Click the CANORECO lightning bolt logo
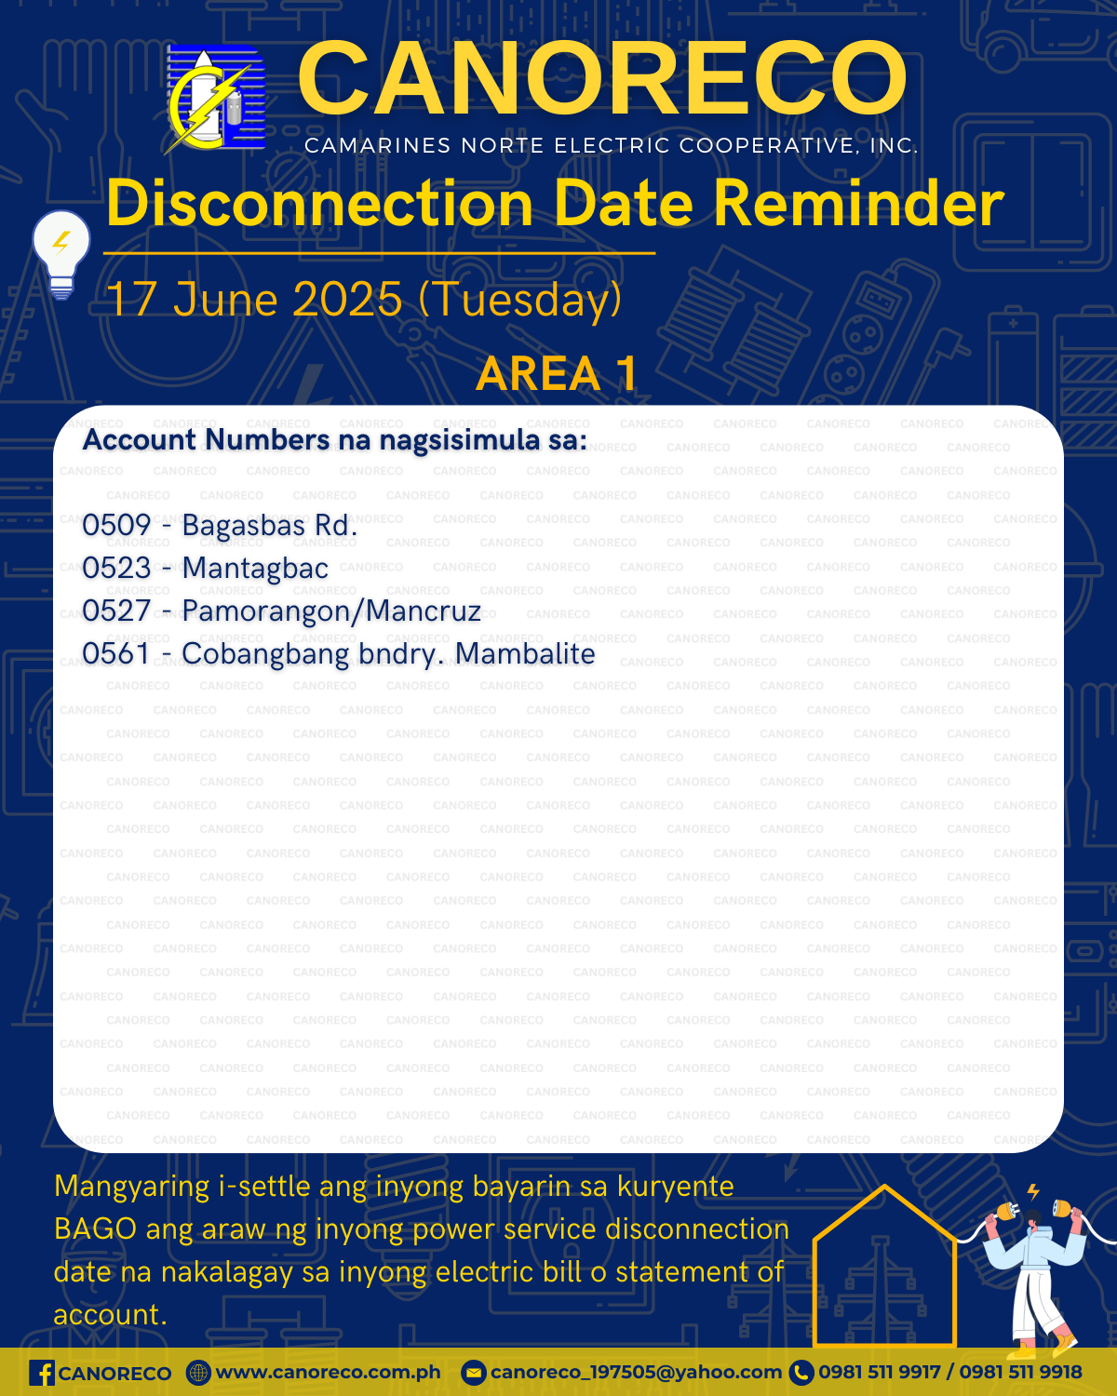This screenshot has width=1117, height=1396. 215,100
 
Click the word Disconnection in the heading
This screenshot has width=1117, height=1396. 319,203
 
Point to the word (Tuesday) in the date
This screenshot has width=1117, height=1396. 520,300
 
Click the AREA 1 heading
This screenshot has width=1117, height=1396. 557,373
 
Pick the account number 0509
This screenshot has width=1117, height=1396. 117,526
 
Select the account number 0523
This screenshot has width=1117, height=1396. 117,569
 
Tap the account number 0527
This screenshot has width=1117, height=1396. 117,611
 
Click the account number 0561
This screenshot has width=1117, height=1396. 117,654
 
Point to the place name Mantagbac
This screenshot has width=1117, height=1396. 255,570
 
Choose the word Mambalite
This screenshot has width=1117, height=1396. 524,654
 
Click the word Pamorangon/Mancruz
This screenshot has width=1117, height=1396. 331,611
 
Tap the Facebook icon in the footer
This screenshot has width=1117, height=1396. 42,1374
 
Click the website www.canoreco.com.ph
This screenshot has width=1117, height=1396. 328,1373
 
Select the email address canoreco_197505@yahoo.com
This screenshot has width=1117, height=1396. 636,1373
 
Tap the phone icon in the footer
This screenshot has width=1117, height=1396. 801,1374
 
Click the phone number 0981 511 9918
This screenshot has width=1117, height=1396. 1021,1372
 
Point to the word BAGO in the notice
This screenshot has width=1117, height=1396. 95,1228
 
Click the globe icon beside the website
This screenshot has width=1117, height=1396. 198,1374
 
